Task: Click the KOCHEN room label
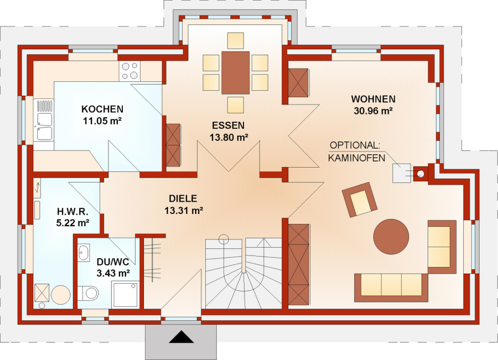[102, 109]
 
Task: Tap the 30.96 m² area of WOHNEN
[373, 111]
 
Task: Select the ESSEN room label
[229, 126]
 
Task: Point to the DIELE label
[183, 199]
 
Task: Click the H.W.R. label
[72, 211]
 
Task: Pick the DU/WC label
[113, 262]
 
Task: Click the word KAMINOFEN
[356, 158]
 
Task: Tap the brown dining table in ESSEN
[235, 72]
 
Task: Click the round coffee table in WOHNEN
[391, 237]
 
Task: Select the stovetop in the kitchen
[129, 71]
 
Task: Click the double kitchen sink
[44, 120]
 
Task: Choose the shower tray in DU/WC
[126, 295]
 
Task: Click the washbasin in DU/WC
[84, 253]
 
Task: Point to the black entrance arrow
[181, 337]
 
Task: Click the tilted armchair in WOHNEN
[360, 200]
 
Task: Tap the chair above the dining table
[236, 40]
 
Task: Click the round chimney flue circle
[420, 174]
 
